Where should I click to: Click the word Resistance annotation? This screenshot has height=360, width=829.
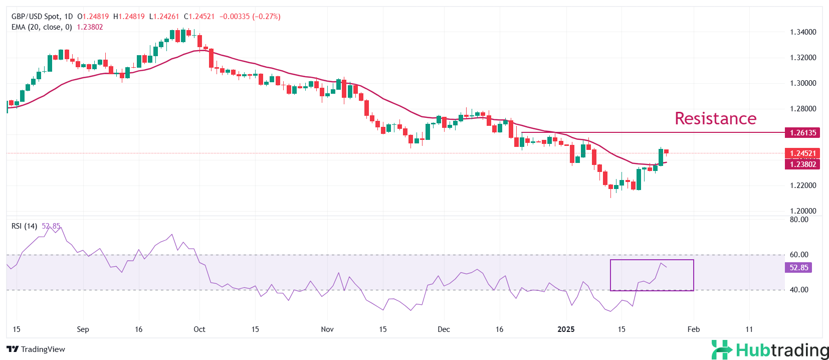click(715, 118)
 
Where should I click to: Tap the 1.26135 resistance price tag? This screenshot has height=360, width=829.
click(802, 133)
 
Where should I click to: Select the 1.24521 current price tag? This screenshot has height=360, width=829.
click(802, 153)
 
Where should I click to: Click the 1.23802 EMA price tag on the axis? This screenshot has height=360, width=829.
click(802, 164)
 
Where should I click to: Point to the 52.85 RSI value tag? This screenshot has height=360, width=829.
click(798, 268)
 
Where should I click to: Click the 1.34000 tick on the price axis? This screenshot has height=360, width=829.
click(803, 32)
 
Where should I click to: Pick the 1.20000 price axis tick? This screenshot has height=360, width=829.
click(803, 211)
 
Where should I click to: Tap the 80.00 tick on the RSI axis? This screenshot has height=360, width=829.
click(799, 220)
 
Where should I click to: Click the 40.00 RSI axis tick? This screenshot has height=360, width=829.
click(799, 290)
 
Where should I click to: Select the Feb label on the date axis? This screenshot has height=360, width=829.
click(693, 329)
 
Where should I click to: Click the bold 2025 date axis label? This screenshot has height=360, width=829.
click(566, 329)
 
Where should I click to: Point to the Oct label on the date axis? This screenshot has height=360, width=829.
click(199, 329)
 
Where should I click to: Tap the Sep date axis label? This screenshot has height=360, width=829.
click(83, 329)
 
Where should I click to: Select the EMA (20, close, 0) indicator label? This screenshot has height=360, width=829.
click(42, 27)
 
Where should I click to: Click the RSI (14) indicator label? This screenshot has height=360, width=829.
click(24, 226)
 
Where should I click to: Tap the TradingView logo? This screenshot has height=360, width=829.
click(36, 349)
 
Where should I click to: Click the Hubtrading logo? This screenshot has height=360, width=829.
click(770, 349)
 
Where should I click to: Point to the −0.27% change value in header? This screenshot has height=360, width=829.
click(266, 17)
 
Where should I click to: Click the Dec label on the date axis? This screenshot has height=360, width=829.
click(444, 329)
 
